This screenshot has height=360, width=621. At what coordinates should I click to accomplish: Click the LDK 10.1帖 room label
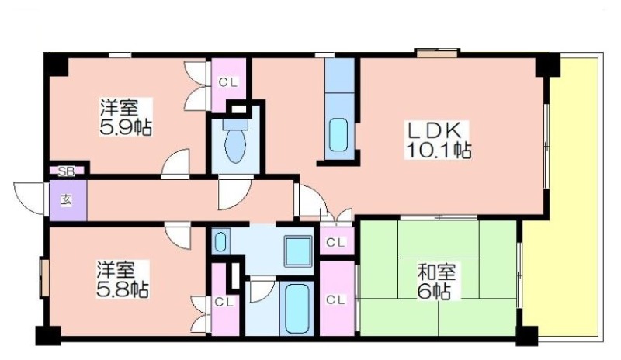click(x=438, y=140)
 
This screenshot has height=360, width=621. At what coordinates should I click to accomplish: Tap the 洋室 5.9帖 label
click(x=125, y=117)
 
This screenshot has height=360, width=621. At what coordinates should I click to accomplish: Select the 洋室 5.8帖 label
click(x=123, y=279)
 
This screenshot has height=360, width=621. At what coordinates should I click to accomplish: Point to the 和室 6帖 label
click(x=437, y=281)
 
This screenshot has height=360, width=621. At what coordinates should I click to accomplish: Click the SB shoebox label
click(x=66, y=171)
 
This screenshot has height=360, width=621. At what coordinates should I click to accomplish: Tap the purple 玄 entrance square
click(x=68, y=200)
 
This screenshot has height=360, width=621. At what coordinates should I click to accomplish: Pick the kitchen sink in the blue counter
click(x=338, y=135)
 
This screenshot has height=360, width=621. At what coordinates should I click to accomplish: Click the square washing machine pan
click(x=298, y=251)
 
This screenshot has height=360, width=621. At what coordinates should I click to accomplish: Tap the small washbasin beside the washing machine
click(x=221, y=241)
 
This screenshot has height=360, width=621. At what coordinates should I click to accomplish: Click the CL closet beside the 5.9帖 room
click(x=228, y=85)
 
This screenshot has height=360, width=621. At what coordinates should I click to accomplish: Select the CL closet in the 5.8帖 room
click(x=225, y=301)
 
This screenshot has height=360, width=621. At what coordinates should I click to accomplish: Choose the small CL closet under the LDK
click(x=337, y=241)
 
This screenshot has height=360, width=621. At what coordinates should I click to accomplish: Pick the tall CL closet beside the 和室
click(x=337, y=299)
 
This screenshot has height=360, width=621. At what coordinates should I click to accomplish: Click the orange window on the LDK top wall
click(x=437, y=53)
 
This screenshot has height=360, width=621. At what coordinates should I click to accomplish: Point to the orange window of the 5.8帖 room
click(x=44, y=277)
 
